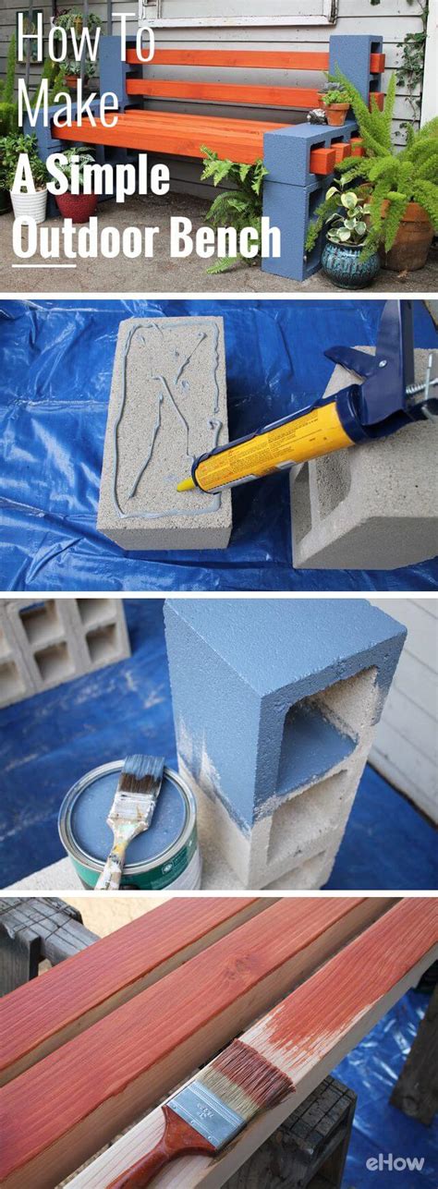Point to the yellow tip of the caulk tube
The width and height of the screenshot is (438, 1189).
[x=185, y=483]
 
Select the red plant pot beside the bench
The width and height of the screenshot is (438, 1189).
[x=76, y=205]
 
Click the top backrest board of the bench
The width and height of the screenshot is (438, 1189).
[x=240, y=59]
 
